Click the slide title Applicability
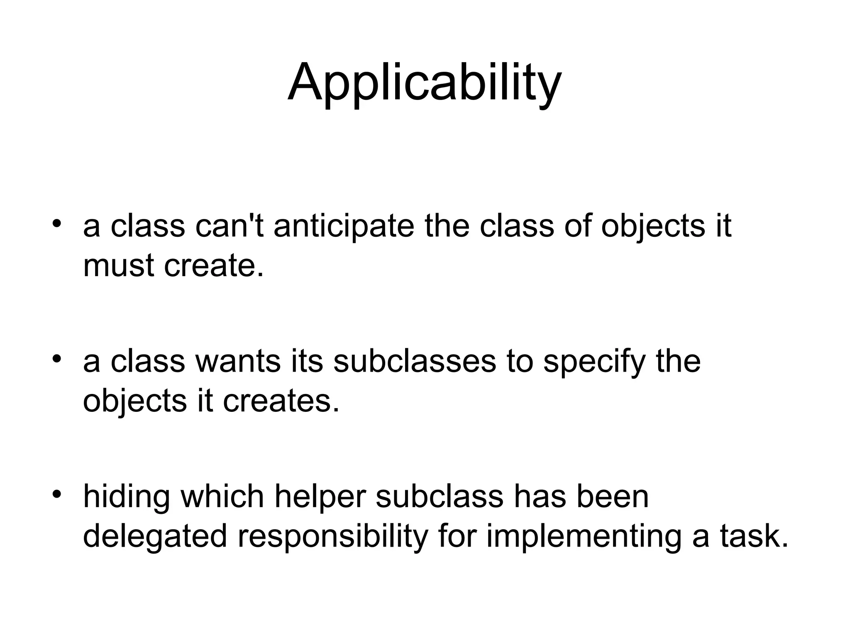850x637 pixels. point(424,83)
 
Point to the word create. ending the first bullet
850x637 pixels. point(214,266)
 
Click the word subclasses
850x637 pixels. point(415,361)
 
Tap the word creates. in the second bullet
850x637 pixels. point(281,401)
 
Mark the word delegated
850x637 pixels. point(155,536)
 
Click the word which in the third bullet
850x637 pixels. point(222,496)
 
